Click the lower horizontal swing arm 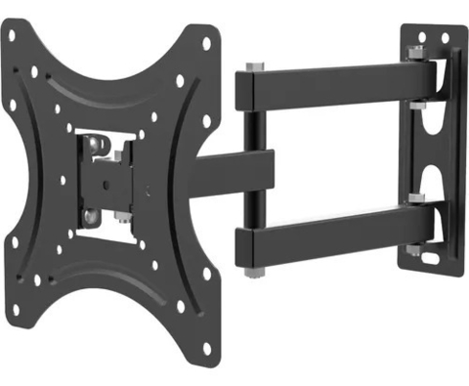(332, 230)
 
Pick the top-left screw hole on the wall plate (423, 36)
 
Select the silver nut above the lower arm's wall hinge (416, 198)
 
